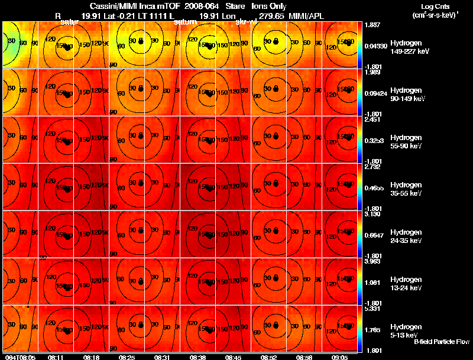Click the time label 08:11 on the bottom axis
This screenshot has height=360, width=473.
pyautogui.click(x=56, y=357)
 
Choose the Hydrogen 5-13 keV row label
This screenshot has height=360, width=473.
pyautogui.click(x=406, y=330)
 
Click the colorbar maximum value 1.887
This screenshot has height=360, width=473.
pyautogui.click(x=372, y=25)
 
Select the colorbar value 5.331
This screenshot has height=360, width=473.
pyautogui.click(x=372, y=309)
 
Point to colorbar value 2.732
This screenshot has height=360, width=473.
pyautogui.click(x=372, y=167)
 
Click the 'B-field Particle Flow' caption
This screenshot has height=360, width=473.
pyautogui.click(x=442, y=342)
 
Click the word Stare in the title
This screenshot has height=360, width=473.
pyautogui.click(x=235, y=7)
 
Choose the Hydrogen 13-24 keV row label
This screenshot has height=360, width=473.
pyautogui.click(x=406, y=284)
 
